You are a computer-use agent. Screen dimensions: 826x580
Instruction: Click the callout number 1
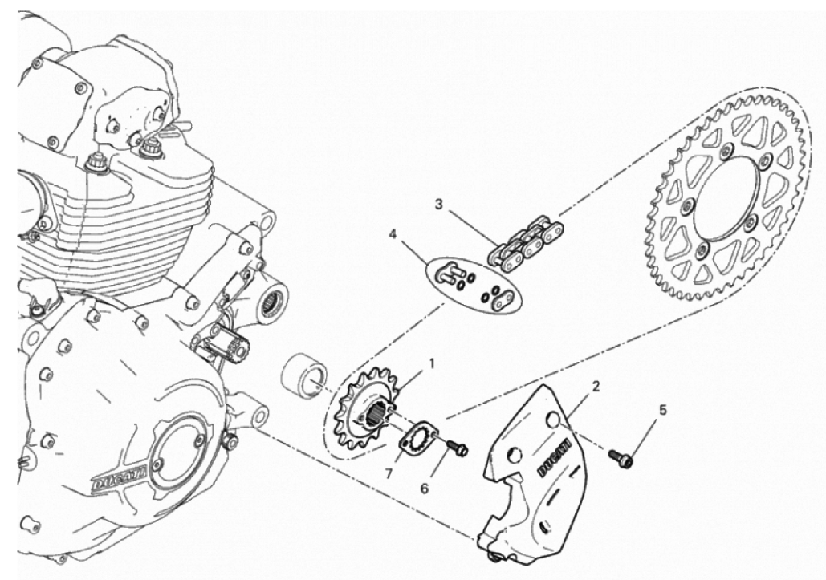pos(432,363)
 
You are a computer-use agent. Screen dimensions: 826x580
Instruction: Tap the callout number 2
pos(596,387)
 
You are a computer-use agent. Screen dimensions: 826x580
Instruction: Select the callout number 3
pos(439,205)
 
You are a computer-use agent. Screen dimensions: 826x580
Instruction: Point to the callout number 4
pos(392,233)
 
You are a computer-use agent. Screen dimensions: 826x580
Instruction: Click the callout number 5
pos(663,409)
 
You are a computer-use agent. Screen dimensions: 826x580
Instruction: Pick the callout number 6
pos(425,489)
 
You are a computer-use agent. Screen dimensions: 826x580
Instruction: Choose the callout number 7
pos(389,474)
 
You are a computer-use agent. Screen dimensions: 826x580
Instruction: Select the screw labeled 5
pos(621,458)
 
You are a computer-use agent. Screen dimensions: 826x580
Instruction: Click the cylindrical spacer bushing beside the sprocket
pos(303,374)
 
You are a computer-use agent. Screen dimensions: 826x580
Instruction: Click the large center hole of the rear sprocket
pos(729,197)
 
